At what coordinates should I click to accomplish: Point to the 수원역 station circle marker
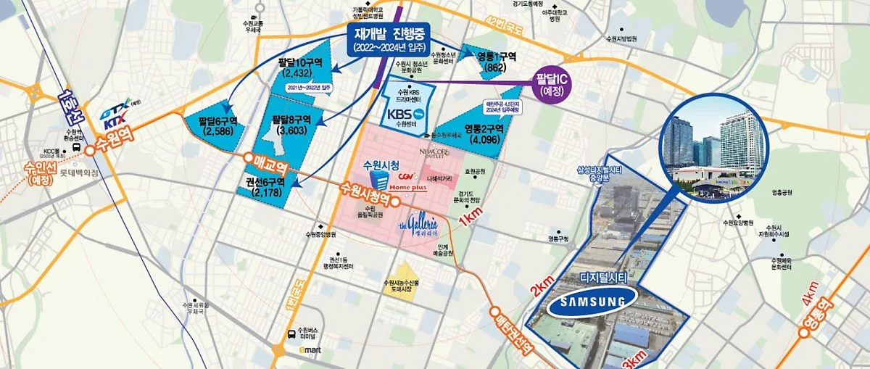click(91, 151)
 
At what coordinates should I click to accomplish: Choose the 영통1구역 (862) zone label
click(497, 60)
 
